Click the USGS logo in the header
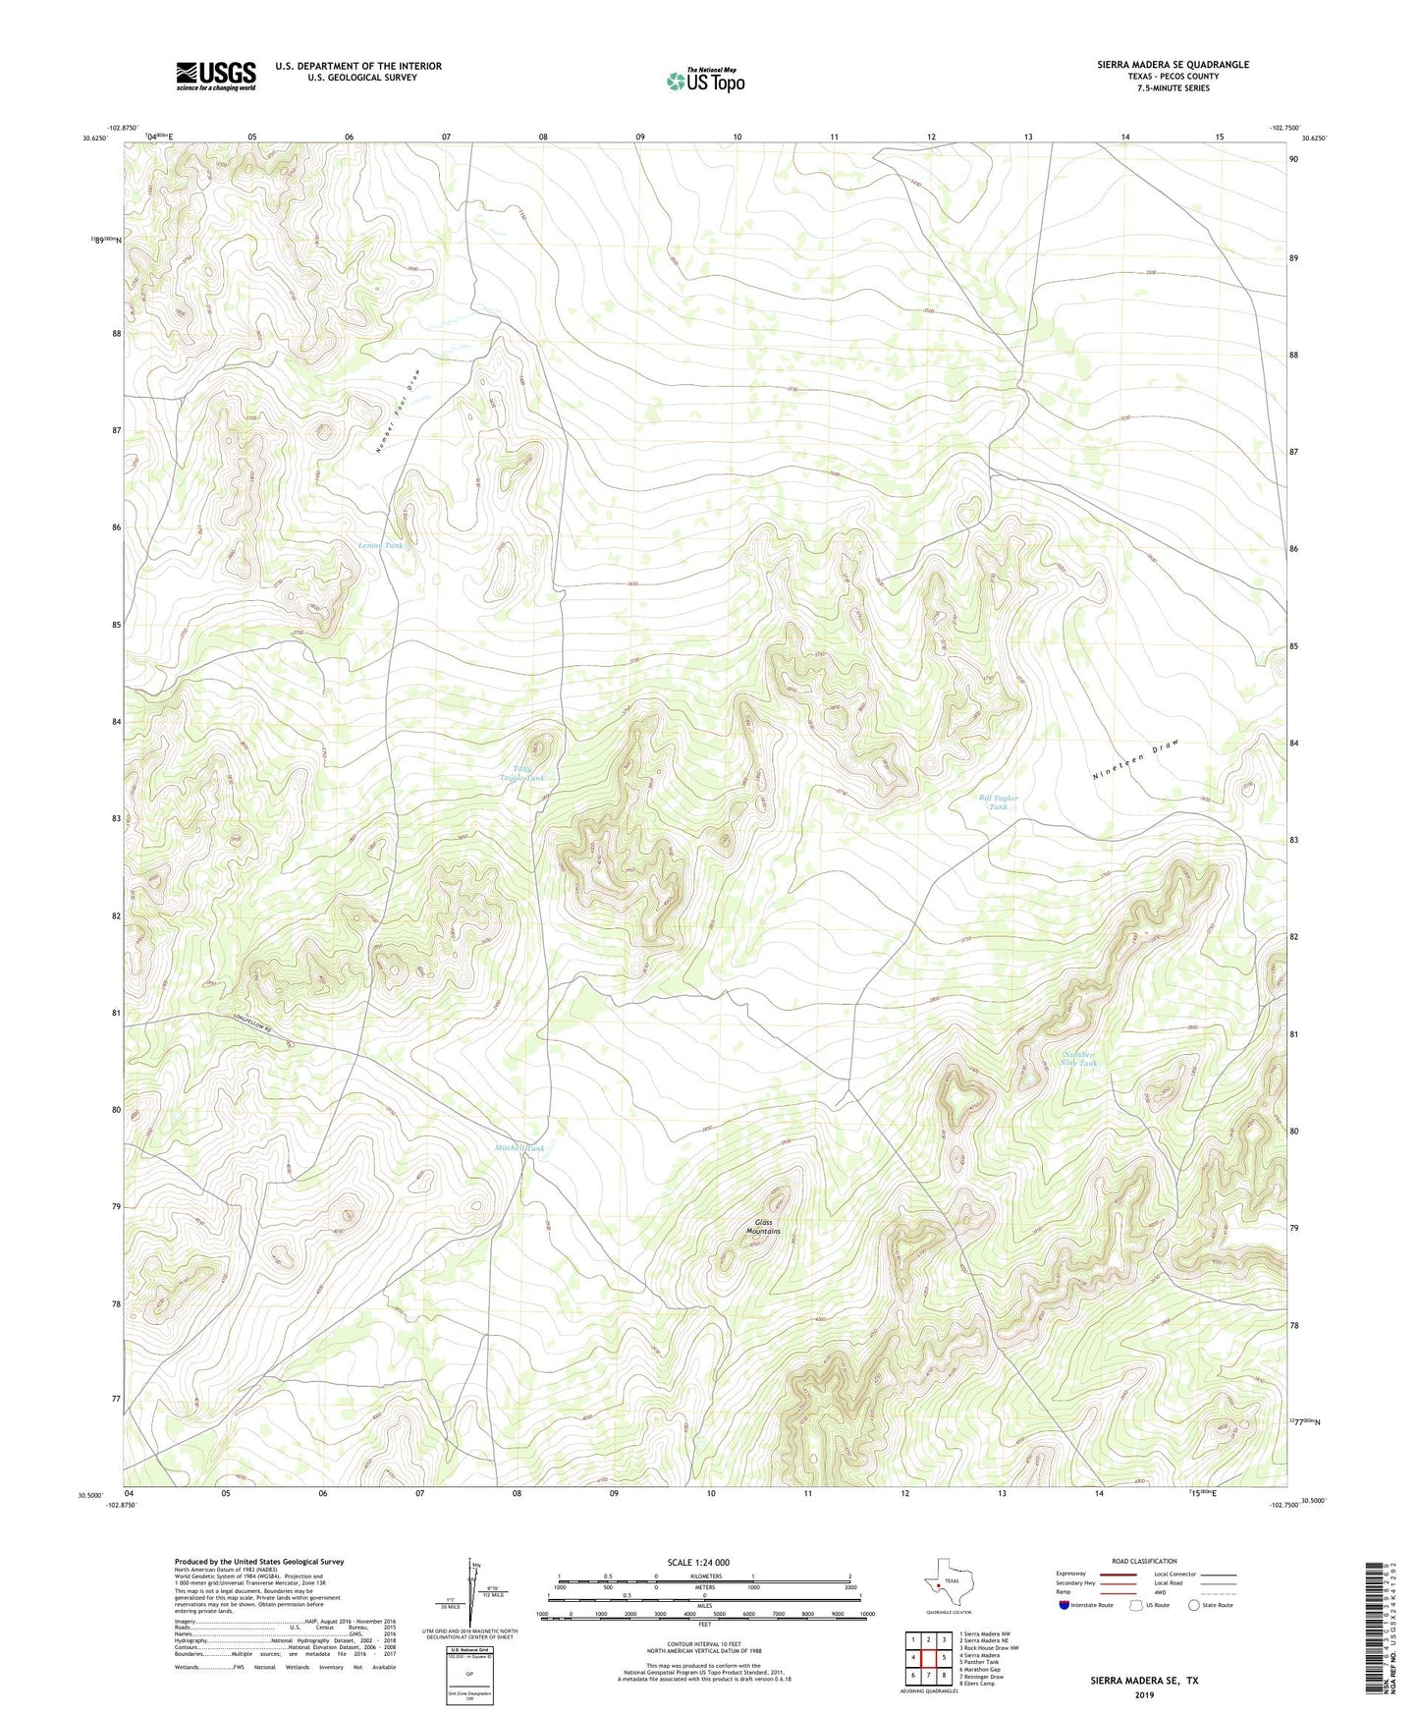coord(216,75)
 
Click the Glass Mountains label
coord(763,1227)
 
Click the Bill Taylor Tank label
coord(998,802)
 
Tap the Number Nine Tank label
coord(1078,1059)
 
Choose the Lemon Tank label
coord(380,545)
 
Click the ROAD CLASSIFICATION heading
coord(1144,1561)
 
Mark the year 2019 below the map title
coord(1144,1695)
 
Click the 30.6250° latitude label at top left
coord(95,138)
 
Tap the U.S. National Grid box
coord(468,1673)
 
